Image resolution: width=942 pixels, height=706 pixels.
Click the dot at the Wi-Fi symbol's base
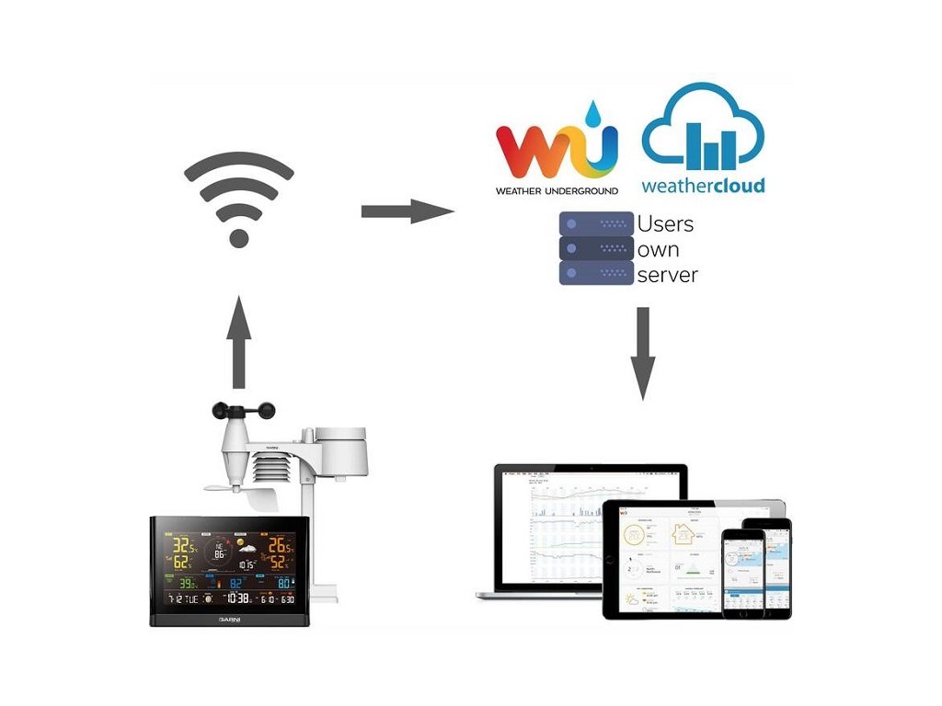tap(238, 238)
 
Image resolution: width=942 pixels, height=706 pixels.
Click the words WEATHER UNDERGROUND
tap(557, 190)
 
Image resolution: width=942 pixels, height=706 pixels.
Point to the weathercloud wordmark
tap(703, 186)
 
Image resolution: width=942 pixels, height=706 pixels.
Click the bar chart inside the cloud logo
tap(703, 147)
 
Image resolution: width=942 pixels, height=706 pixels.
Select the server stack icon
tap(597, 247)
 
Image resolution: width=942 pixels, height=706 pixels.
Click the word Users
tap(665, 223)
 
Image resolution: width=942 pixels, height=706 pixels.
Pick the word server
tap(667, 274)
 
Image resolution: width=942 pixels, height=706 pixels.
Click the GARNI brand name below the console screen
tap(231, 621)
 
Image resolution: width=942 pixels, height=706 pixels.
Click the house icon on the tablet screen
tap(684, 533)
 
